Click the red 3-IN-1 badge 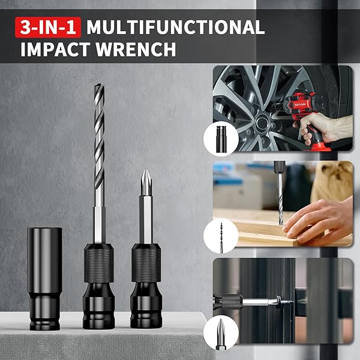click(48, 27)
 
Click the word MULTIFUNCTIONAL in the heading click(175, 27)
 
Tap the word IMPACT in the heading click(55, 49)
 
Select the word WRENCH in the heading click(136, 49)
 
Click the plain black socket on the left click(44, 278)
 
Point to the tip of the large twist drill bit click(99, 85)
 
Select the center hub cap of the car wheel click(263, 123)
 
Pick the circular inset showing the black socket click(221, 139)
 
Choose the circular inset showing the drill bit click(221, 236)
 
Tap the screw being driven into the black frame click(284, 301)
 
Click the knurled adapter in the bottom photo click(232, 301)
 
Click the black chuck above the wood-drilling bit click(280, 167)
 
